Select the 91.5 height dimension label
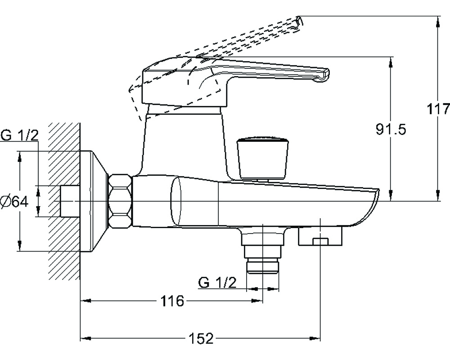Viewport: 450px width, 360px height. point(391,130)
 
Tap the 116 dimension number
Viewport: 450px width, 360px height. point(171,301)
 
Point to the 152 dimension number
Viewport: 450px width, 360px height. point(201,338)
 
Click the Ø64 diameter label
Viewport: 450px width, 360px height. point(14,202)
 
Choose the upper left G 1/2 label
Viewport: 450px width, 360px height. point(19,135)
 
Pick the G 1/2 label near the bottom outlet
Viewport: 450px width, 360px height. point(217,283)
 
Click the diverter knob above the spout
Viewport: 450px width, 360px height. point(263,159)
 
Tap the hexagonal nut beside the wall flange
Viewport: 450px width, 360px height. point(120,201)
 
